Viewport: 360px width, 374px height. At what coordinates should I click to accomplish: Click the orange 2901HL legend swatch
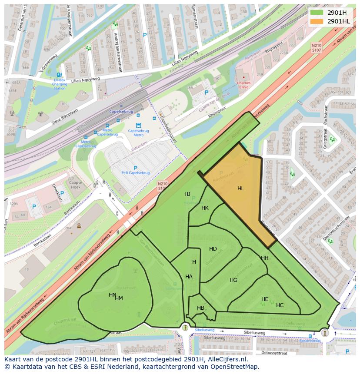(x=317, y=21)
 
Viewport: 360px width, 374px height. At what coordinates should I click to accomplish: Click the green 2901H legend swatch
(x=317, y=12)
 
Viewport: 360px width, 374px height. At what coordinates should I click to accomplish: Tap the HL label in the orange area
(x=240, y=189)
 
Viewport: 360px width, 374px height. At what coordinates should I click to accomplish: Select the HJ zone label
(x=187, y=194)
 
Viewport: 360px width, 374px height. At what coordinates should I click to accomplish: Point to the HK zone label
(x=205, y=208)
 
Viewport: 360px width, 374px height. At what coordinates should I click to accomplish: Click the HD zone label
(x=213, y=249)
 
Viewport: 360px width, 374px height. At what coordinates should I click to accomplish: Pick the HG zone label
(x=233, y=280)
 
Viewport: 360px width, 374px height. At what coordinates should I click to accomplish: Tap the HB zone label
(x=200, y=308)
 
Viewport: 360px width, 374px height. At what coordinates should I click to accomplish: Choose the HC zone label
(x=280, y=305)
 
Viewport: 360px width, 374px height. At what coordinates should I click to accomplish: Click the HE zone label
(x=265, y=299)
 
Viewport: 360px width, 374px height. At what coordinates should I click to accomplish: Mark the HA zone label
(x=189, y=277)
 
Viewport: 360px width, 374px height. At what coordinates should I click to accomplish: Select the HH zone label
(x=264, y=258)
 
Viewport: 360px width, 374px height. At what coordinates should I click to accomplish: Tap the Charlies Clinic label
(x=243, y=85)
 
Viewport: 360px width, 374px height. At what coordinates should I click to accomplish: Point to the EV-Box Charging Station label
(x=60, y=84)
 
